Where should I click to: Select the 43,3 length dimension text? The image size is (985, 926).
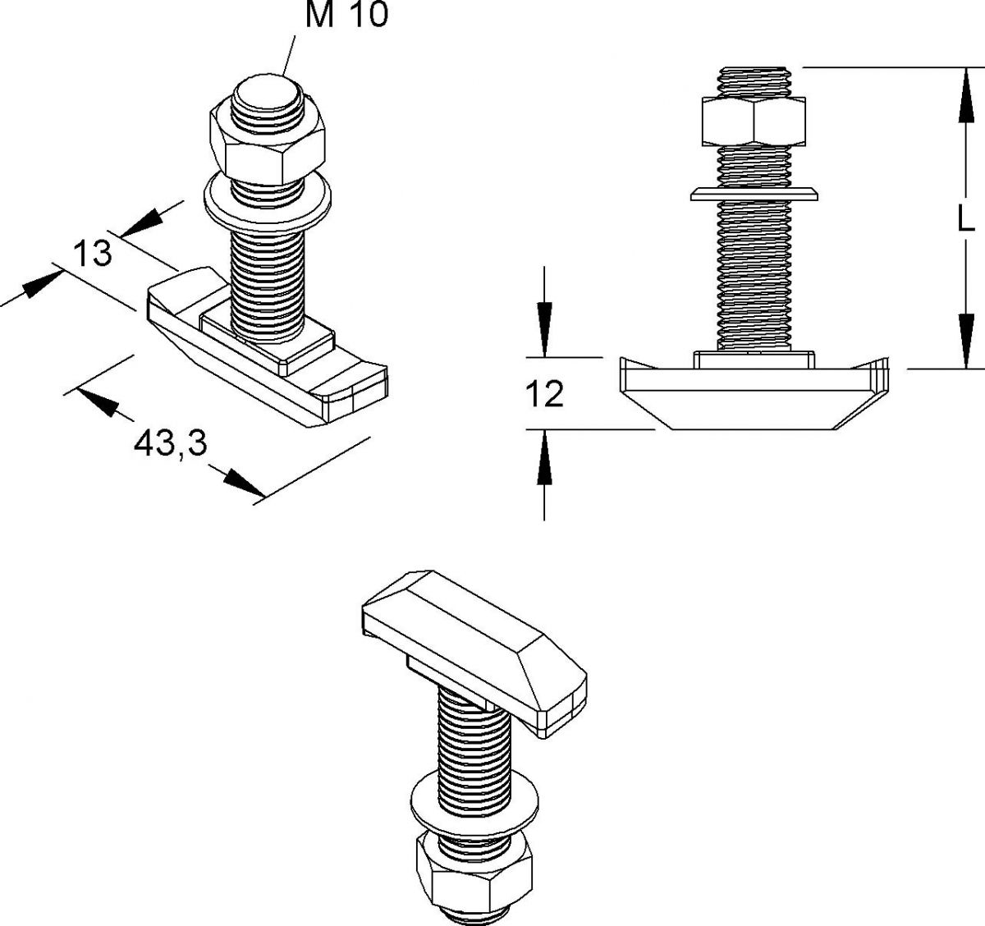[x=169, y=445]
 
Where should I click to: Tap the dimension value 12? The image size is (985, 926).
[x=545, y=395]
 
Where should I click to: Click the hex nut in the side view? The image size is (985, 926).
[x=753, y=120]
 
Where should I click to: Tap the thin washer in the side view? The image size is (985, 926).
[x=754, y=194]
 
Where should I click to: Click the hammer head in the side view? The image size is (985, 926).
[x=754, y=394]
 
